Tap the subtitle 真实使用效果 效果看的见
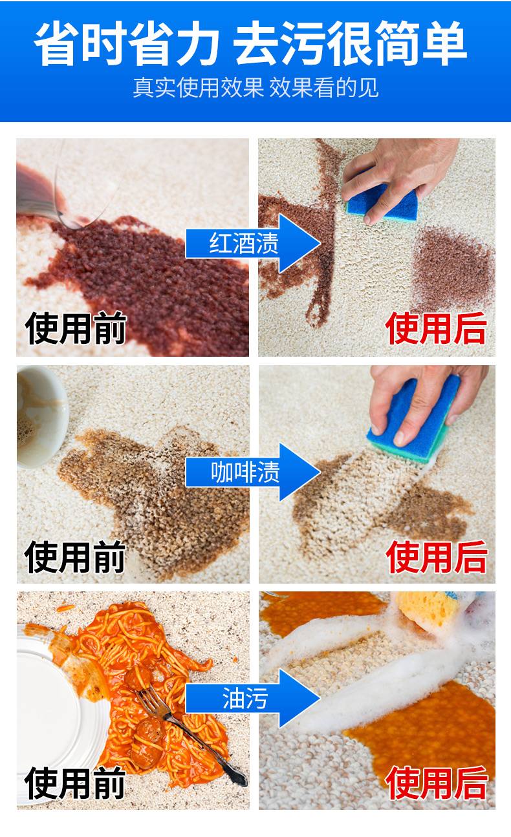(256, 88)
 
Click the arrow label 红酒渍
(244, 243)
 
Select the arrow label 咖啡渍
(245, 472)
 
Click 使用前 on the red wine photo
(76, 328)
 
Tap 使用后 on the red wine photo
(436, 328)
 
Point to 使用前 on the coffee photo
(75, 556)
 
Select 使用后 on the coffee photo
(437, 556)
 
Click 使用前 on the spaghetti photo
(75, 783)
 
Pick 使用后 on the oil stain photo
(437, 783)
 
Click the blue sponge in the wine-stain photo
(382, 204)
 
